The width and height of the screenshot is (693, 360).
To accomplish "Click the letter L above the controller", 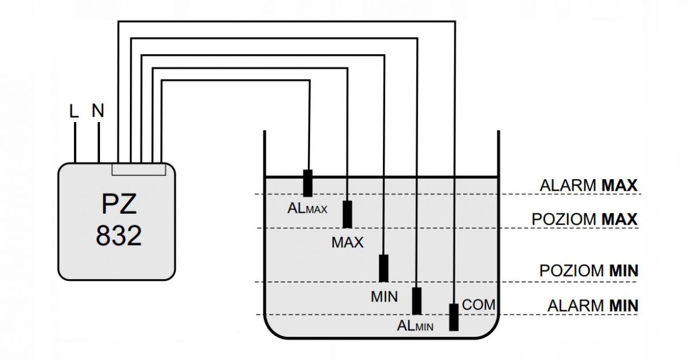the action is pos(74,112).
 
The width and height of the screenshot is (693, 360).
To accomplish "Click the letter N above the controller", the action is pos(98,110).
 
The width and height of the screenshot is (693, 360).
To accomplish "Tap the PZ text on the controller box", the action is pos(119,205).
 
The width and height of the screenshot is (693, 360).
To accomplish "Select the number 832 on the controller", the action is pos(119,236).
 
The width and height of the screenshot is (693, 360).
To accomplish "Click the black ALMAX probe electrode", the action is pos(307,183).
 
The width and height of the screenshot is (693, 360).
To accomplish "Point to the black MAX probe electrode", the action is pos(348,214).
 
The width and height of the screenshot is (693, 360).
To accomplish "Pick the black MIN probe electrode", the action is pos(383,268).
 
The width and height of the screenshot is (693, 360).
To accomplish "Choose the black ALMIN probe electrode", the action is pos(417,301).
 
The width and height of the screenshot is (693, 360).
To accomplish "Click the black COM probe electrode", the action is pos(454,317).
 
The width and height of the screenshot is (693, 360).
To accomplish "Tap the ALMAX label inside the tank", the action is pos(307,209).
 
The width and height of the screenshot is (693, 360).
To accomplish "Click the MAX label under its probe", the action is pos(348,242).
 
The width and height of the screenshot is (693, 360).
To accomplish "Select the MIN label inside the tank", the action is pos(384,297).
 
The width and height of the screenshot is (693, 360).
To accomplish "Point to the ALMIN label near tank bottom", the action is pos(415,326).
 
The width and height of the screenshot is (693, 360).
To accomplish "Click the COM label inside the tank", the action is pos(479,305).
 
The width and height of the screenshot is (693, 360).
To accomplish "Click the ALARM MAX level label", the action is pos(588,185).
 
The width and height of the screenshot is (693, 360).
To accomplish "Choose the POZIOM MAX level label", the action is pos(584,220).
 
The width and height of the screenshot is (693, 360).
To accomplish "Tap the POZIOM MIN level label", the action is pos(588,271).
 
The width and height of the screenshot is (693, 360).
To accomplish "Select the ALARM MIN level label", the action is pos(593,306).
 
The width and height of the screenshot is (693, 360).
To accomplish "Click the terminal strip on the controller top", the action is pos(139,169).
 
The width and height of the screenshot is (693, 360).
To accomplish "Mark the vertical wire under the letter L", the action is pos(75,142).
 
